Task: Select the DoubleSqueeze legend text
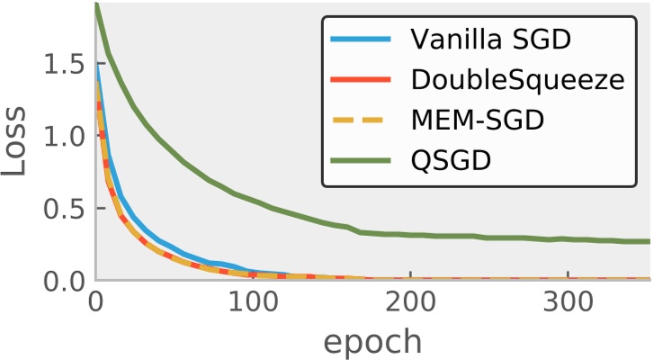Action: [517, 80]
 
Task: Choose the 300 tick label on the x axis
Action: [568, 303]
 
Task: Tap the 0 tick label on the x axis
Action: [95, 303]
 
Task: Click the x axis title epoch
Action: [372, 341]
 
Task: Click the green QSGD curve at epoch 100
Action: [253, 200]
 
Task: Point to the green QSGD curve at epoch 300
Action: [568, 239]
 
